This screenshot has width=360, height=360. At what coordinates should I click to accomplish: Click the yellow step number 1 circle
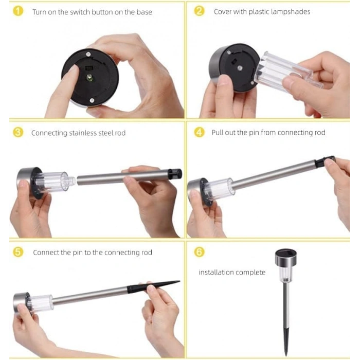[x=18, y=11]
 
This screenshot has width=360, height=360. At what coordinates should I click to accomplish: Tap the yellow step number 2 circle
[x=199, y=11]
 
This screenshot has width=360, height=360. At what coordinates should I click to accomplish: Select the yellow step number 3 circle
[x=18, y=132]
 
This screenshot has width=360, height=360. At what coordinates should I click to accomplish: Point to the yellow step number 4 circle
[x=199, y=132]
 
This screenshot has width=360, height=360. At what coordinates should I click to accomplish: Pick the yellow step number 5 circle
[x=18, y=252]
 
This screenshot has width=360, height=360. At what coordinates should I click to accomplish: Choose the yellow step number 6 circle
[x=199, y=252]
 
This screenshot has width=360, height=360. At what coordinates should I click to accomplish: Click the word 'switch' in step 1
[x=80, y=12]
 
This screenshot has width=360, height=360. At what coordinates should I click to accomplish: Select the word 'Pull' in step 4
[x=217, y=133]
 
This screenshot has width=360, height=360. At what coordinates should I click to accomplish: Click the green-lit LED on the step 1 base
[x=89, y=77]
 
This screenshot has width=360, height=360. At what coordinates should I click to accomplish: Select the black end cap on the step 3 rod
[x=175, y=174]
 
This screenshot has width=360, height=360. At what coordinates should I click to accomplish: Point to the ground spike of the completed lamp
[x=286, y=342]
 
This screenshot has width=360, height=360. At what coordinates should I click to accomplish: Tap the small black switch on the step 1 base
[x=88, y=68]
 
